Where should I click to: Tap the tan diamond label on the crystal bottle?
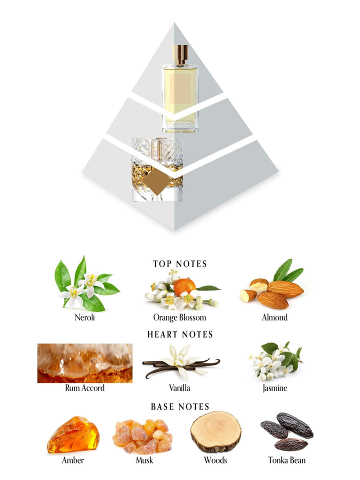pyautogui.click(x=157, y=181)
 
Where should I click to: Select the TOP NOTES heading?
pyautogui.click(x=180, y=264)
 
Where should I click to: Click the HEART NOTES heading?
pyautogui.click(x=180, y=334)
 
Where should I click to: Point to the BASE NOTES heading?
pyautogui.click(x=180, y=406)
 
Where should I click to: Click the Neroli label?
pyautogui.click(x=85, y=317)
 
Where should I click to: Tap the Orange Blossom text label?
pyautogui.click(x=179, y=318)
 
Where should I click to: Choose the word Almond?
pyautogui.click(x=274, y=317)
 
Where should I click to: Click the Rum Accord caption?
pyautogui.click(x=85, y=388)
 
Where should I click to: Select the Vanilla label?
pyautogui.click(x=179, y=388)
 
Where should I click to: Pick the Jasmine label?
pyautogui.click(x=275, y=388)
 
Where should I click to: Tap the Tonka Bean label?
pyautogui.click(x=287, y=460)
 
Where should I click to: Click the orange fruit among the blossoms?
pyautogui.click(x=184, y=286)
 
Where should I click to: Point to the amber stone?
pyautogui.click(x=73, y=434)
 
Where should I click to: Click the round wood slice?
pyautogui.click(x=215, y=432)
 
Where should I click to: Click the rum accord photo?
pyautogui.click(x=85, y=363)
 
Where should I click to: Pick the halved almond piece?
pyautogui.click(x=259, y=285)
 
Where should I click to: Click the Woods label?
pyautogui.click(x=215, y=460)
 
